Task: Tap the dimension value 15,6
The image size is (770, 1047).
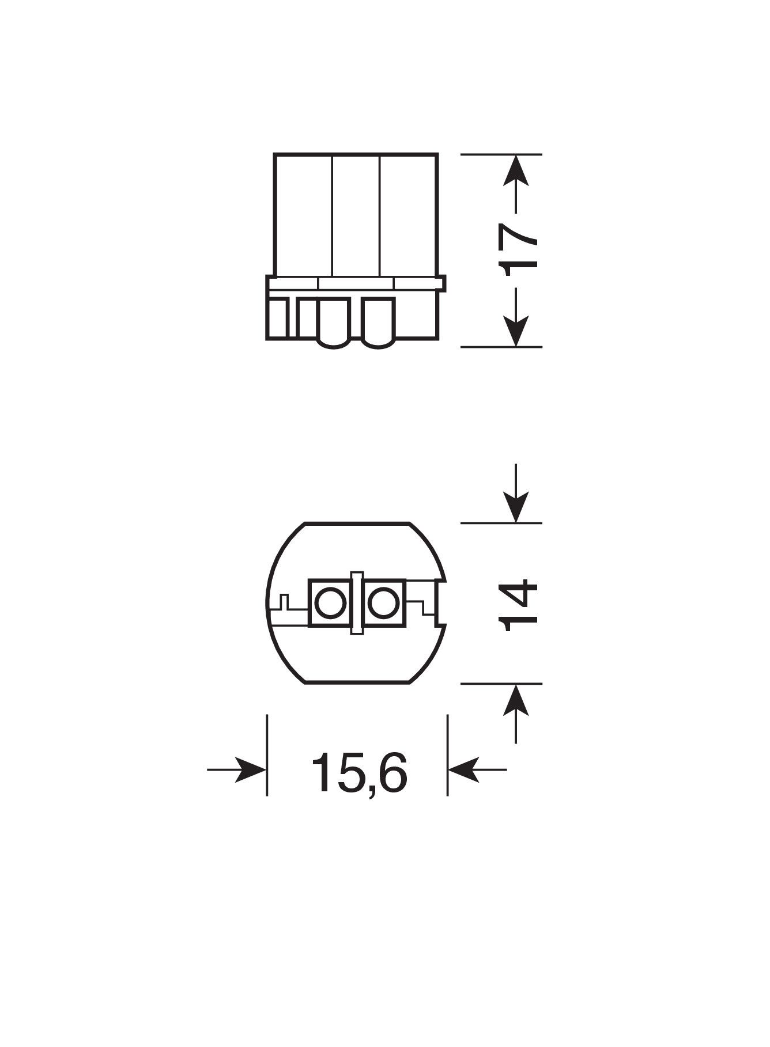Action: [x=359, y=773]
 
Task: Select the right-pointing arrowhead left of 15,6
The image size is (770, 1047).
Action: [x=251, y=769]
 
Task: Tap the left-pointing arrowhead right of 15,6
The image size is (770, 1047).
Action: [x=463, y=769]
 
